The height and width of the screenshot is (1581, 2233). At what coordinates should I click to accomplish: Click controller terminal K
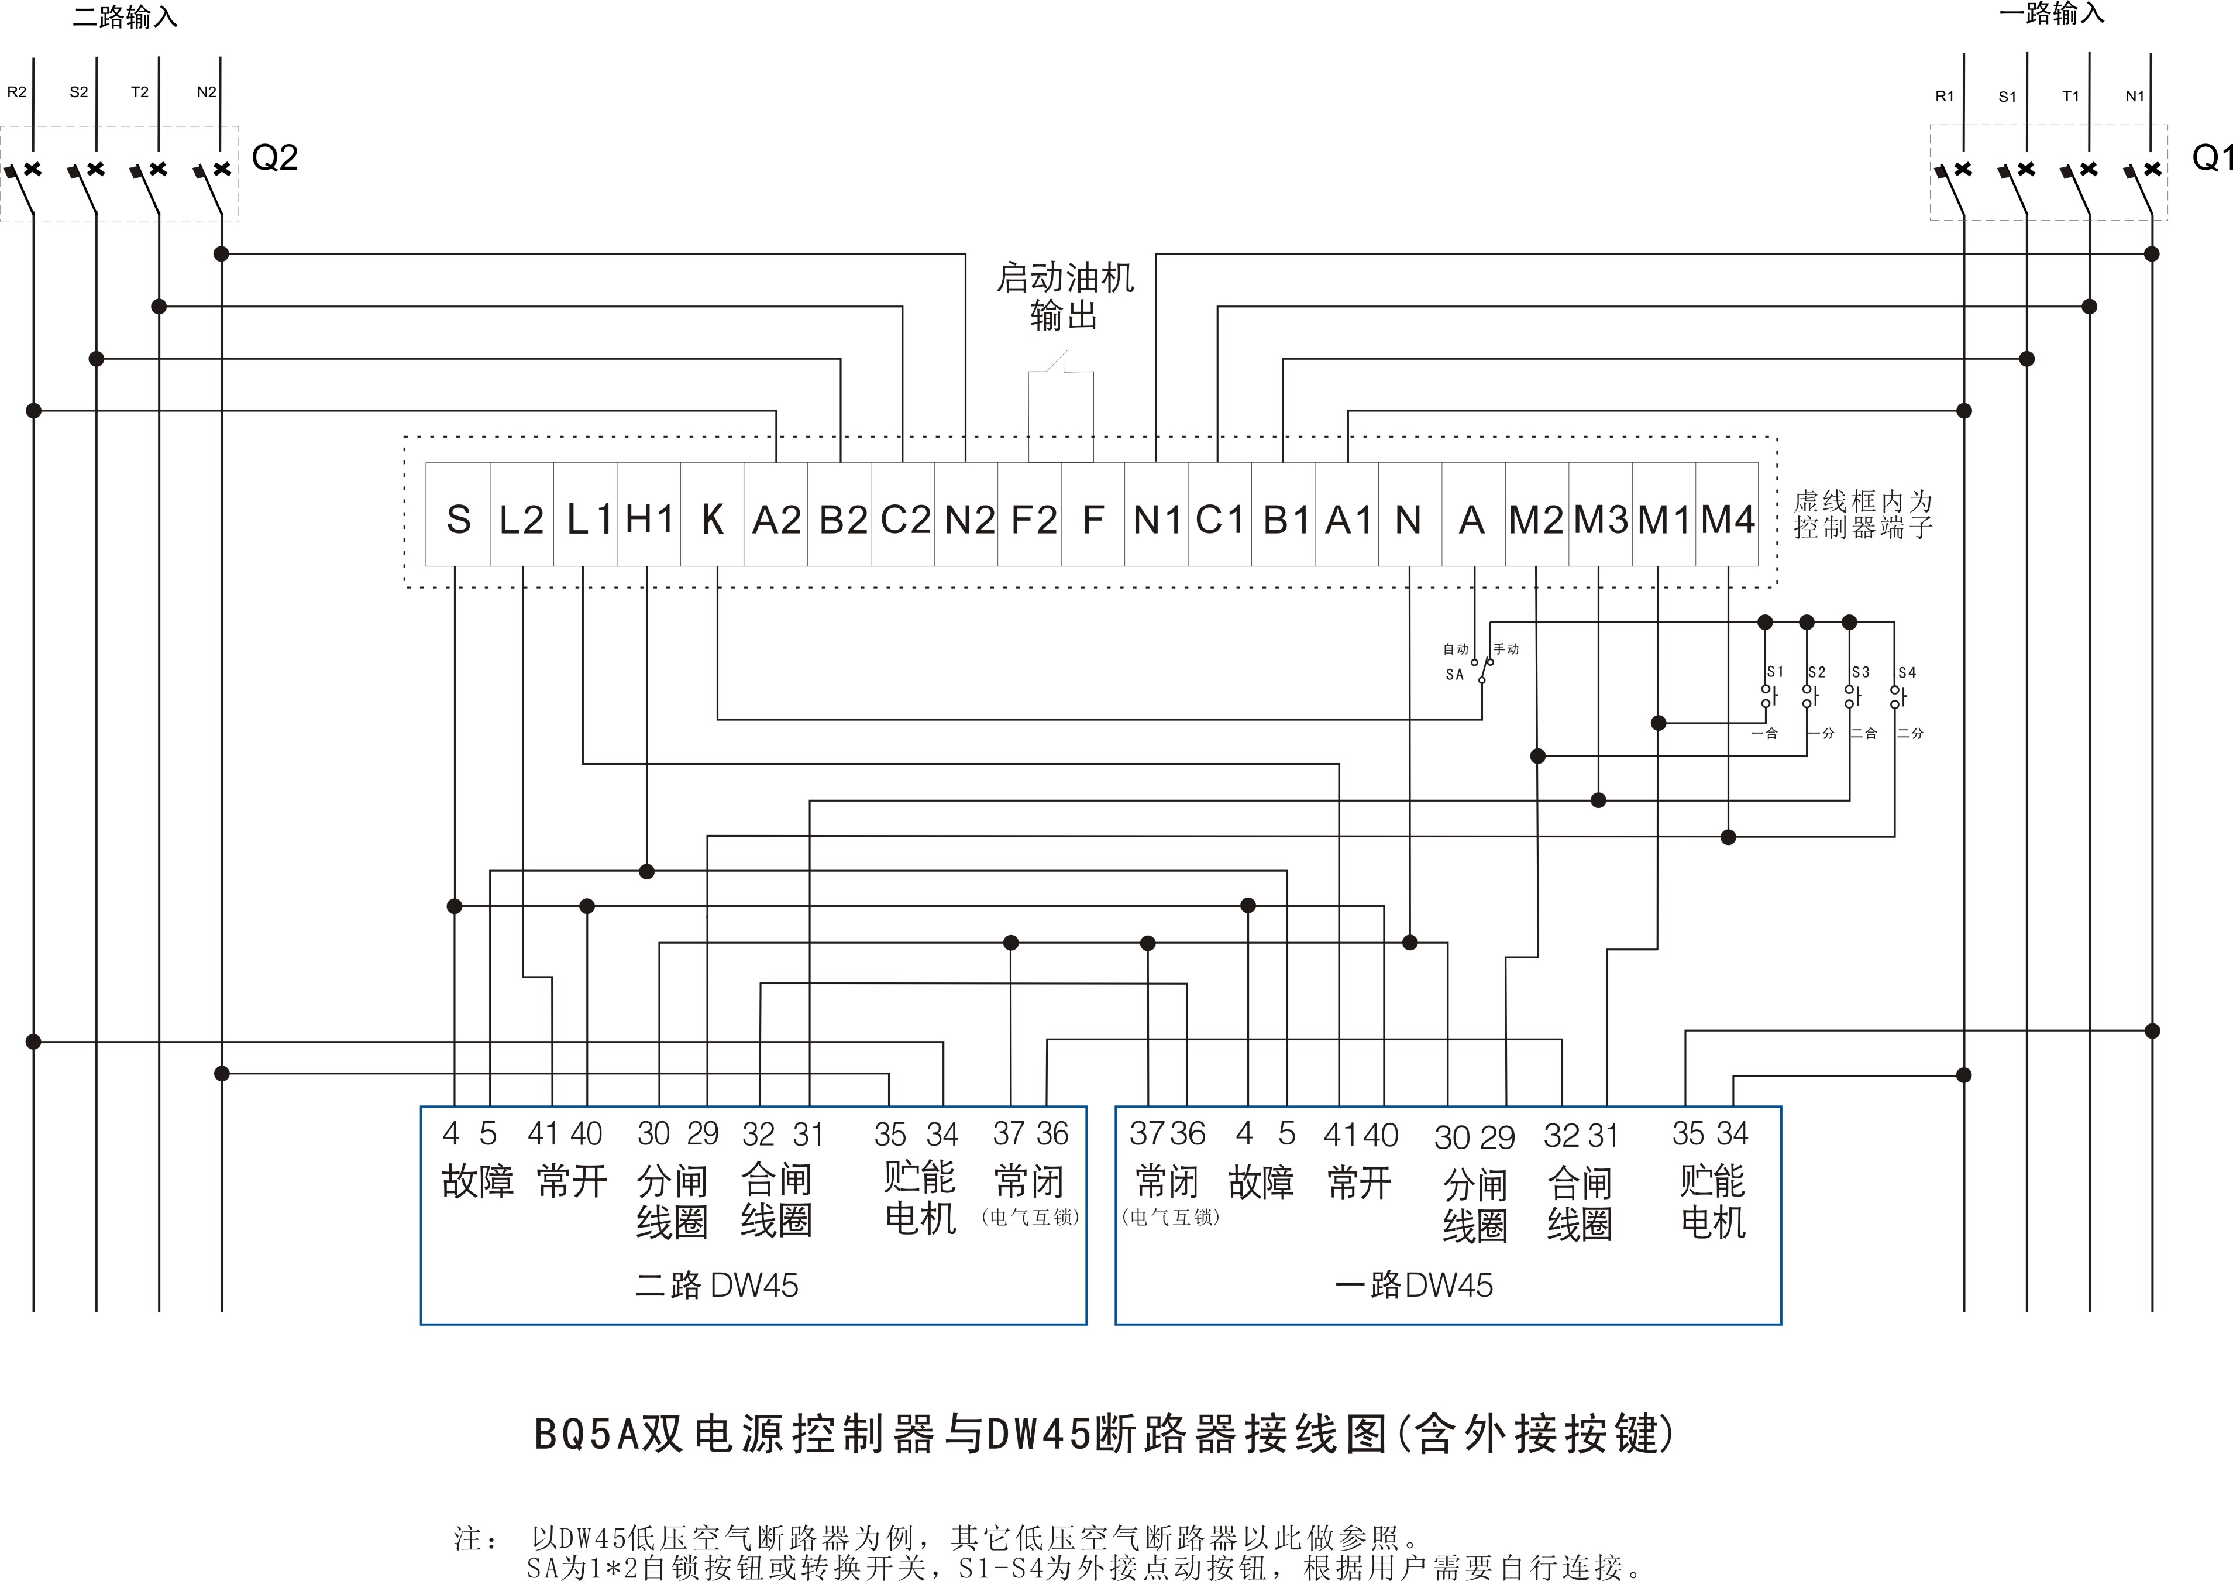713,519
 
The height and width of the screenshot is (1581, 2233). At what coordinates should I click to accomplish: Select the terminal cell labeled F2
1033,519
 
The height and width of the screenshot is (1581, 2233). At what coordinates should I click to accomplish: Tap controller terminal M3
1600,519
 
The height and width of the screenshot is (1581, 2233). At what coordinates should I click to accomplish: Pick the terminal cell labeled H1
649,519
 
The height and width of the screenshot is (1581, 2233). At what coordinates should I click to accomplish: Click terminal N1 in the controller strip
1157,519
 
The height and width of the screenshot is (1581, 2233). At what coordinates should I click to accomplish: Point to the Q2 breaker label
274,158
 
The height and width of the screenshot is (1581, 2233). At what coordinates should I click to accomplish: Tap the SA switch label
1454,673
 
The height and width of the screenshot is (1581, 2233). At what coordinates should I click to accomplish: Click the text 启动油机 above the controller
1064,279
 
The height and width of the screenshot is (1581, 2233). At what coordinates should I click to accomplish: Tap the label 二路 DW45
717,1285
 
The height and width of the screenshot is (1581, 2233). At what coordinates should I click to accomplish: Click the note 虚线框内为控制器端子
1862,514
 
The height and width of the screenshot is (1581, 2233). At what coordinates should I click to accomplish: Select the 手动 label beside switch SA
1506,648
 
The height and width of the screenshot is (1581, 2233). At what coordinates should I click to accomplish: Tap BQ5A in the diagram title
586,1434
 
